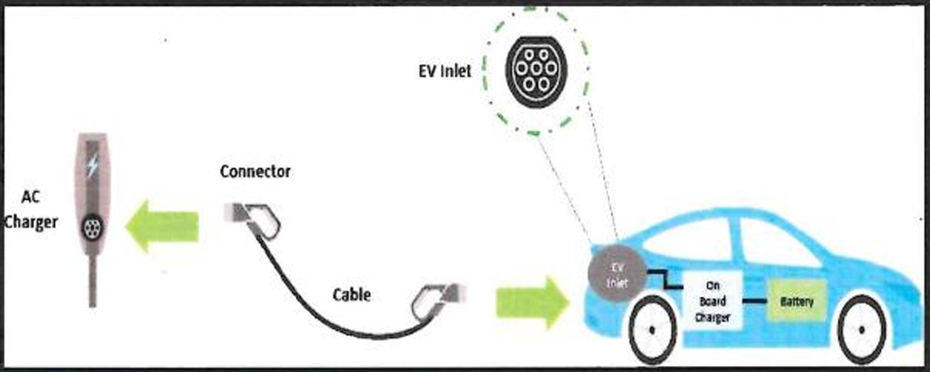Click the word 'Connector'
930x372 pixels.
(x=255, y=172)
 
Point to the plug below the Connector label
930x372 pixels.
(x=256, y=218)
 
